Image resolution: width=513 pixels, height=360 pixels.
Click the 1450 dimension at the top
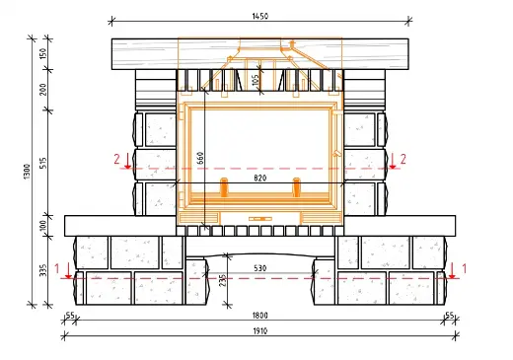(260, 16)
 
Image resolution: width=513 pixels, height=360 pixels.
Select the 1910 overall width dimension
(260, 331)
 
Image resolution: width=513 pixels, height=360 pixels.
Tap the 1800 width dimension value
(260, 316)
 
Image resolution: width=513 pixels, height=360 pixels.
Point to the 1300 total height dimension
(27, 172)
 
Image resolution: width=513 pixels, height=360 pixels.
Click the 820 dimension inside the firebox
(260, 179)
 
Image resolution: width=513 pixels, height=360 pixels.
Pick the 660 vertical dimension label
(200, 158)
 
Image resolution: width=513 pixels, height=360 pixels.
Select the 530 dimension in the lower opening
(260, 268)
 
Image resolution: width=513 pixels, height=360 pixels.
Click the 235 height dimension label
(223, 280)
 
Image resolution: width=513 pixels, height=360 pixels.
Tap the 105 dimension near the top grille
(256, 80)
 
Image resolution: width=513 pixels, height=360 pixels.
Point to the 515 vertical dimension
(43, 163)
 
